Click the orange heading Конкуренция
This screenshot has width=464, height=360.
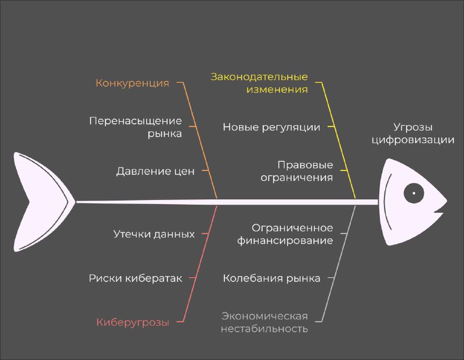click(x=132, y=83)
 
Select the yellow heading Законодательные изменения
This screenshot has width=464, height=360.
click(x=259, y=83)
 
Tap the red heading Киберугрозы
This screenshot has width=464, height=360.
click(x=133, y=322)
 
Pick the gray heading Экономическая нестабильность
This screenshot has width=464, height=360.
click(x=264, y=322)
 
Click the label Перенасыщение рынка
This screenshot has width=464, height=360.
click(x=136, y=127)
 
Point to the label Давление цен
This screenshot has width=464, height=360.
click(x=155, y=171)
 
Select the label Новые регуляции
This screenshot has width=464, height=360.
click(x=271, y=127)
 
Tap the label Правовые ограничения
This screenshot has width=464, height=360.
click(x=297, y=171)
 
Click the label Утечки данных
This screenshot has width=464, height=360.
click(x=154, y=234)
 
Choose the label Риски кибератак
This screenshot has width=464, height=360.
click(x=136, y=278)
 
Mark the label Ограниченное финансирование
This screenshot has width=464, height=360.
click(x=285, y=234)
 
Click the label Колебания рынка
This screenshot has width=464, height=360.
click(x=271, y=278)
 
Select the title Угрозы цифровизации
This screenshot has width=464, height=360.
click(x=413, y=133)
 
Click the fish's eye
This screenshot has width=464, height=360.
click(x=414, y=193)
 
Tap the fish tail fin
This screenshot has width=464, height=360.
click(x=41, y=202)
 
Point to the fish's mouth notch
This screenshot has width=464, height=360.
click(x=438, y=212)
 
